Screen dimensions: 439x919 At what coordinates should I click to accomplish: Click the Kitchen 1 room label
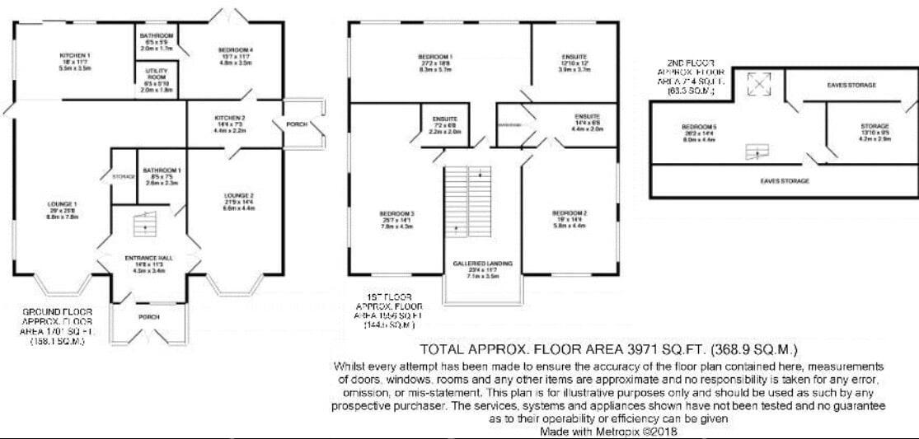pyautogui.click(x=74, y=55)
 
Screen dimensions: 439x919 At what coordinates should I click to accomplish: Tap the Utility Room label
pyautogui.click(x=156, y=75)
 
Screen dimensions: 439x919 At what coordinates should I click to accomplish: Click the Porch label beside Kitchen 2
pyautogui.click(x=296, y=124)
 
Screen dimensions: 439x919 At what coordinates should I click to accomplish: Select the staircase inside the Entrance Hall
pyautogui.click(x=145, y=224)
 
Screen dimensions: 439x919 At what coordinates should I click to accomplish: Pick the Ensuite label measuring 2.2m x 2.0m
pyautogui.click(x=444, y=119)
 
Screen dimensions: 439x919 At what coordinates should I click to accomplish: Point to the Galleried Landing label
pyautogui.click(x=482, y=264)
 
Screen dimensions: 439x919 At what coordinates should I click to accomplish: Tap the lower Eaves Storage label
pyautogui.click(x=784, y=180)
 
